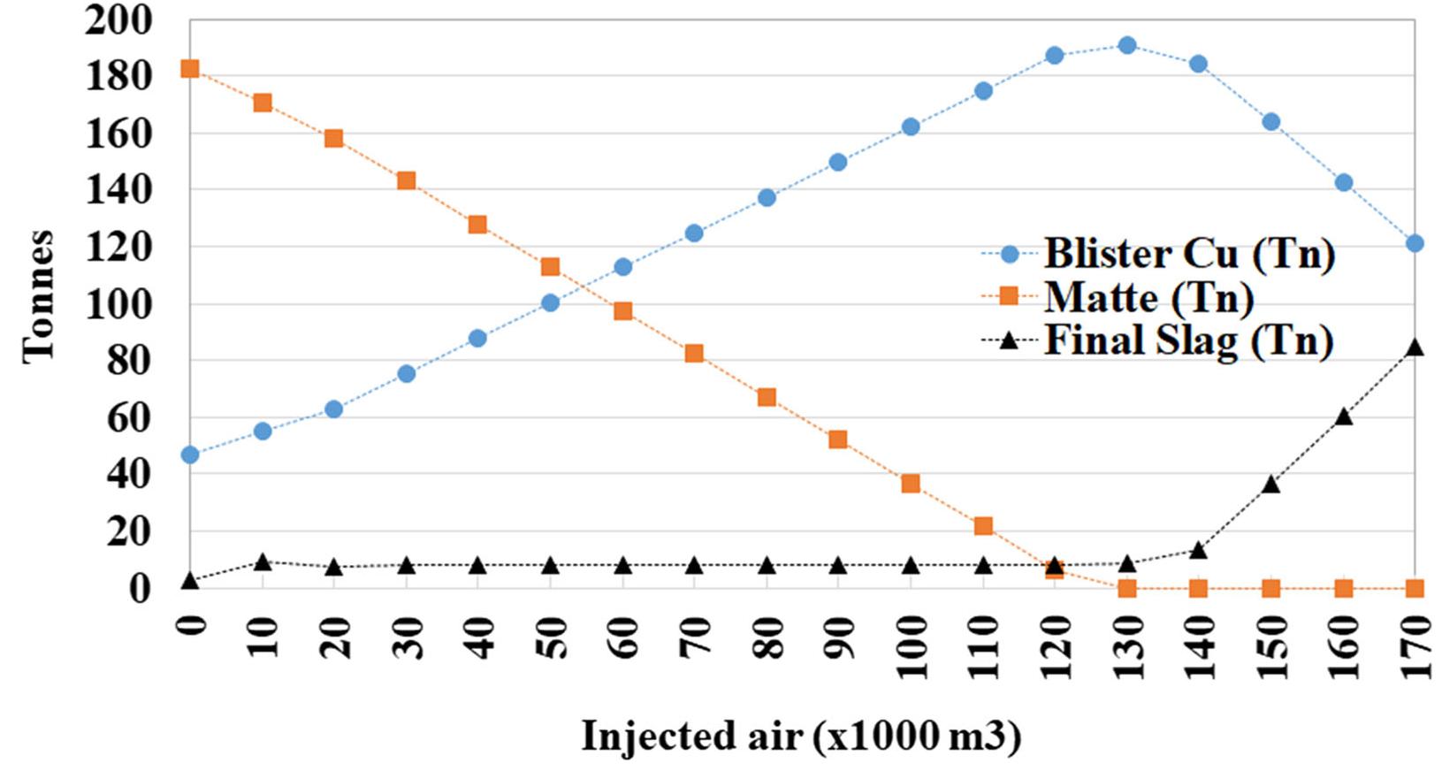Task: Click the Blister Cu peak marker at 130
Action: [x=1126, y=45]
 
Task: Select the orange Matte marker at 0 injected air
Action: [x=189, y=69]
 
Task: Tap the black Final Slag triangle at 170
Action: [x=1415, y=348]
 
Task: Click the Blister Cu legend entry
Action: [x=1188, y=255]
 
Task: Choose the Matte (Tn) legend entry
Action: [x=1148, y=297]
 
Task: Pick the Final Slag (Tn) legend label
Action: [x=1188, y=340]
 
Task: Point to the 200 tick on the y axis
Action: [x=118, y=20]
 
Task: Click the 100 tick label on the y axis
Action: [x=118, y=304]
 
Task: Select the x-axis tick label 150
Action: [x=1270, y=648]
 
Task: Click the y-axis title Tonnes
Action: [x=37, y=296]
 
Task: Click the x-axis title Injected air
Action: [x=801, y=736]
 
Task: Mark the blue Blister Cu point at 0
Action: [x=189, y=454]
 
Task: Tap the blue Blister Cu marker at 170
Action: [x=1415, y=243]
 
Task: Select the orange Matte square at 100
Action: [x=911, y=484]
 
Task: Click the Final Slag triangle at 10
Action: [x=262, y=561]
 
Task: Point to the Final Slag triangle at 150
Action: [x=1270, y=485]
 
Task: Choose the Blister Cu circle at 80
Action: [x=767, y=197]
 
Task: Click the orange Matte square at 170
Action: [x=1415, y=588]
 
